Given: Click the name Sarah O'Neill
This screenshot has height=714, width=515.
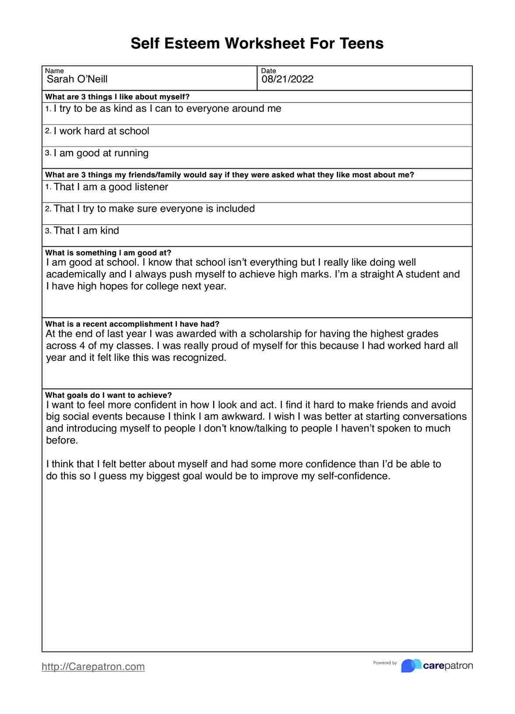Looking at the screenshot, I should (77, 79).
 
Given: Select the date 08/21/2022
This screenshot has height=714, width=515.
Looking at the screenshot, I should (287, 79).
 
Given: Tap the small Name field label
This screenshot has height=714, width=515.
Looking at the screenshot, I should (54, 71).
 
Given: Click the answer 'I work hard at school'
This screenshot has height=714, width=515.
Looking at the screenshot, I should (101, 131).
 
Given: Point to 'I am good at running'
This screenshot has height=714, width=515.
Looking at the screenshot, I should (101, 153).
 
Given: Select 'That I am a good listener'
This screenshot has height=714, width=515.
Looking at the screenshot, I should (111, 187).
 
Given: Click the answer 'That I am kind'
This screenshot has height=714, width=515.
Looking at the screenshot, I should (86, 231).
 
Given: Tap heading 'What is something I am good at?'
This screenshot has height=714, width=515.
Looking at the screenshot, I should (108, 253).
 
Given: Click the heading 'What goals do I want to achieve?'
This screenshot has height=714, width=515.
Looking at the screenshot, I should (109, 395).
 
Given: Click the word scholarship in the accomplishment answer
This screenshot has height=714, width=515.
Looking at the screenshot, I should (275, 334).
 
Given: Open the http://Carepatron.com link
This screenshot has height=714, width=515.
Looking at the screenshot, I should (93, 667).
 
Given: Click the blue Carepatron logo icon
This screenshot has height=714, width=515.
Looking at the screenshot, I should (411, 666).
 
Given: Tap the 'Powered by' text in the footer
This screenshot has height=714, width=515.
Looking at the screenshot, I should (384, 663).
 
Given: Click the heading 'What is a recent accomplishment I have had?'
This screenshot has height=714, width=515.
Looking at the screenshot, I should (132, 324).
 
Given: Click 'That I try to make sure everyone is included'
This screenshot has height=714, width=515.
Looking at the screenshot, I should (154, 209).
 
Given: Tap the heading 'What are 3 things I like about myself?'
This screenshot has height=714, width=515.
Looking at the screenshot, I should (117, 97).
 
